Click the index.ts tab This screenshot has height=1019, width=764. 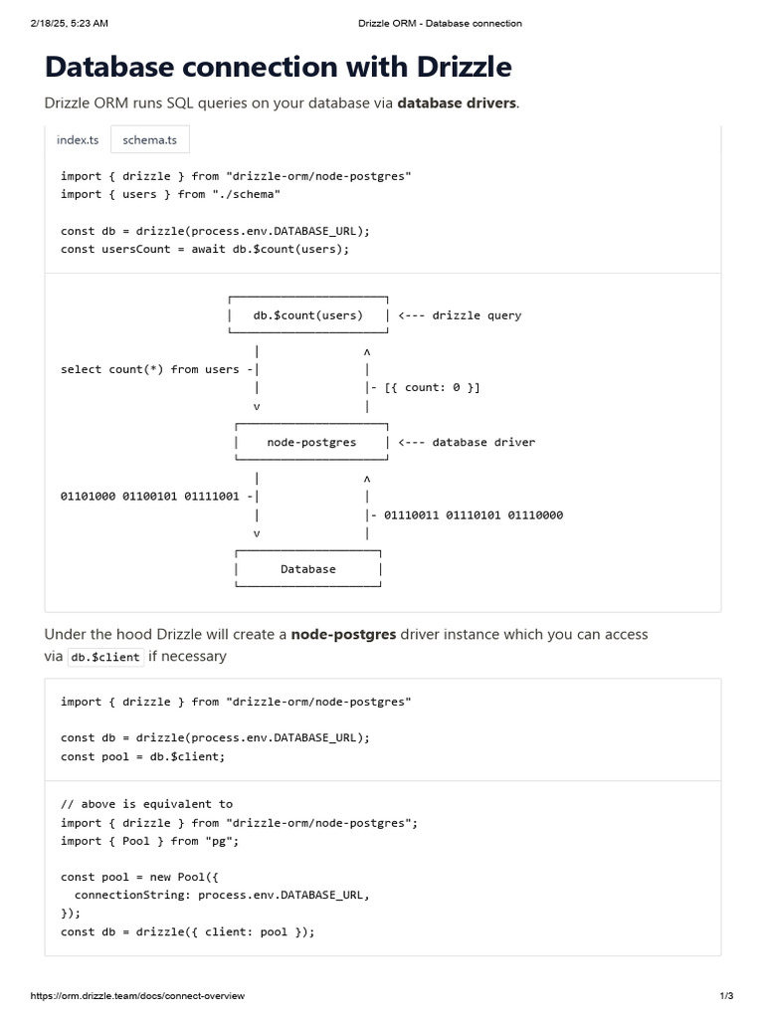[78, 140]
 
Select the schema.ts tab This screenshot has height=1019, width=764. [149, 140]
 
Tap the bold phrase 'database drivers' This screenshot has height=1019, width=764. [457, 103]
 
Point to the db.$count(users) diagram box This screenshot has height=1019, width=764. [308, 315]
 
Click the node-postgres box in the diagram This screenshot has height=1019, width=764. [311, 442]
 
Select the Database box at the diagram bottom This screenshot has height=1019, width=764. [308, 569]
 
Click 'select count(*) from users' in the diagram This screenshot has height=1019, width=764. [150, 369]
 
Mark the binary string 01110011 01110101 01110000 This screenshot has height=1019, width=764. [473, 514]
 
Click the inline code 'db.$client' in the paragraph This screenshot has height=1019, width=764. [105, 657]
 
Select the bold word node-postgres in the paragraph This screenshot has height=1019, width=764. [343, 634]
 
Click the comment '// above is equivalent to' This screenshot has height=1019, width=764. [146, 804]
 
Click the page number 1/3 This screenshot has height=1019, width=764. [726, 996]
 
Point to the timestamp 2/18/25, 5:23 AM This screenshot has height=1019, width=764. [69, 23]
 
